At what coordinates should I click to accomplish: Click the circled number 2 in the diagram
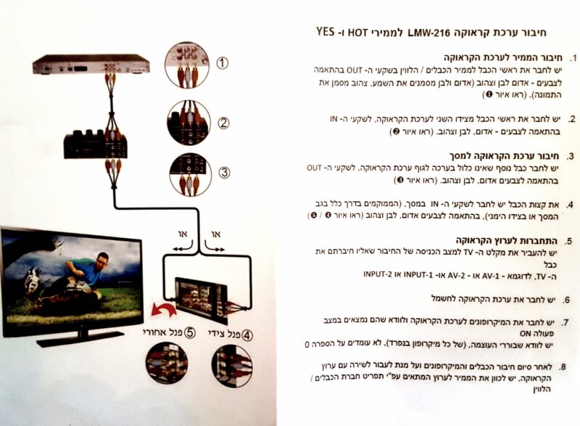[x=225, y=122]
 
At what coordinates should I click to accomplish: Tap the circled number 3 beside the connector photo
[x=224, y=172]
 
